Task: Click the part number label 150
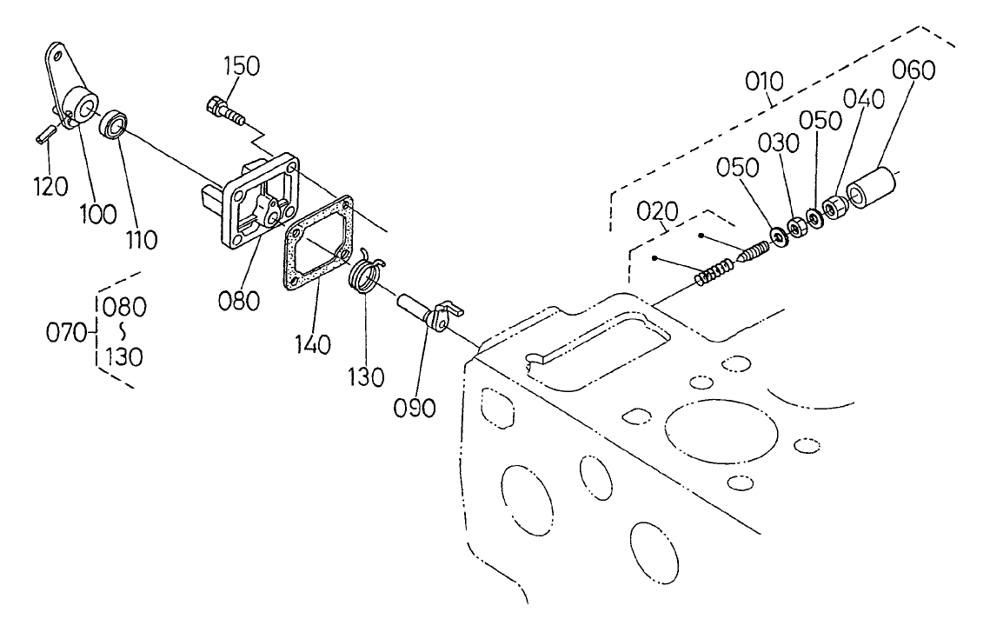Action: click(x=241, y=66)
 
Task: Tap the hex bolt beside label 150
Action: click(x=225, y=110)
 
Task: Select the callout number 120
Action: click(x=50, y=186)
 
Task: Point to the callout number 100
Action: click(x=98, y=214)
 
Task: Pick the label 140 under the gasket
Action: click(x=313, y=345)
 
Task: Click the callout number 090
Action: click(x=415, y=408)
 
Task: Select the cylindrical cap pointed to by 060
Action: click(x=872, y=188)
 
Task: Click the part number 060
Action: click(x=914, y=70)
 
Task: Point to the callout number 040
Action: click(x=864, y=99)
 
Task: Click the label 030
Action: click(x=779, y=143)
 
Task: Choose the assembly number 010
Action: click(x=765, y=82)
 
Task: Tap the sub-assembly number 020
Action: click(x=657, y=211)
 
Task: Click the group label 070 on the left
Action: click(x=66, y=332)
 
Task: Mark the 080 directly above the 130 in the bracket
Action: click(x=124, y=307)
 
